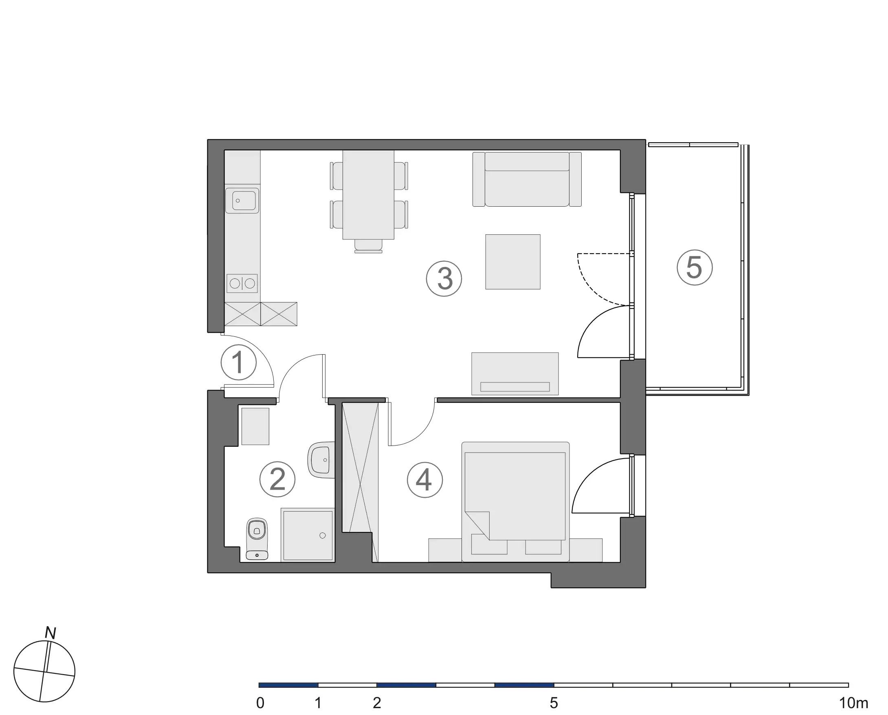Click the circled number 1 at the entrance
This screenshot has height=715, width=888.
pyautogui.click(x=238, y=362)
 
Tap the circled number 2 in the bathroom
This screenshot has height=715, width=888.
pyautogui.click(x=277, y=479)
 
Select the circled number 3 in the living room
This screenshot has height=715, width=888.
pyautogui.click(x=444, y=278)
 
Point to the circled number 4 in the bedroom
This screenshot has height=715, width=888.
pyautogui.click(x=424, y=480)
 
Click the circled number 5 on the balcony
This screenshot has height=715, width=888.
pyautogui.click(x=695, y=267)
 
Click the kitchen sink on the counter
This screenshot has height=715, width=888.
pyautogui.click(x=242, y=201)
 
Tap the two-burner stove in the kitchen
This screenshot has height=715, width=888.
pyautogui.click(x=242, y=284)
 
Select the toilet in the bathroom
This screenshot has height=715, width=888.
pyautogui.click(x=257, y=538)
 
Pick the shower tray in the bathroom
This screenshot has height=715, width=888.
pyautogui.click(x=308, y=535)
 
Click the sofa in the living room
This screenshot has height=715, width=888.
pyautogui.click(x=527, y=179)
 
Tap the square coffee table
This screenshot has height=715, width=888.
pyautogui.click(x=513, y=262)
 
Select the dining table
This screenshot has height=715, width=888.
pyautogui.click(x=368, y=194)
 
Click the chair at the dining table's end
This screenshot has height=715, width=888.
pyautogui.click(x=368, y=246)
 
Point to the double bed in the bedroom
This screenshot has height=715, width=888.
pyautogui.click(x=516, y=502)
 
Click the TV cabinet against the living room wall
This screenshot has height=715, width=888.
pyautogui.click(x=515, y=374)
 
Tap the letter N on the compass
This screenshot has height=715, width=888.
pyautogui.click(x=50, y=633)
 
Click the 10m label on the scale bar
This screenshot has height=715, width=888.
pyautogui.click(x=853, y=703)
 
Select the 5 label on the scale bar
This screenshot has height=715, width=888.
pyautogui.click(x=554, y=703)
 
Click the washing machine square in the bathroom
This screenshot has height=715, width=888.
pyautogui.click(x=255, y=426)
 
